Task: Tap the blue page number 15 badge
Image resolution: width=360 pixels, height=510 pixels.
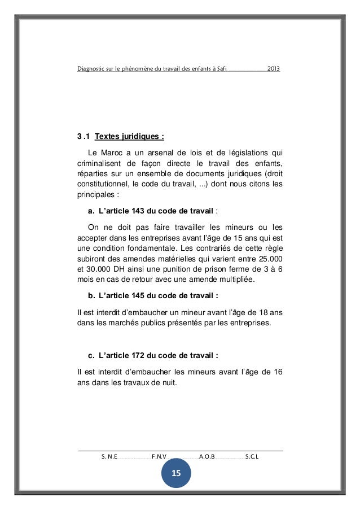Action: tap(176, 473)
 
